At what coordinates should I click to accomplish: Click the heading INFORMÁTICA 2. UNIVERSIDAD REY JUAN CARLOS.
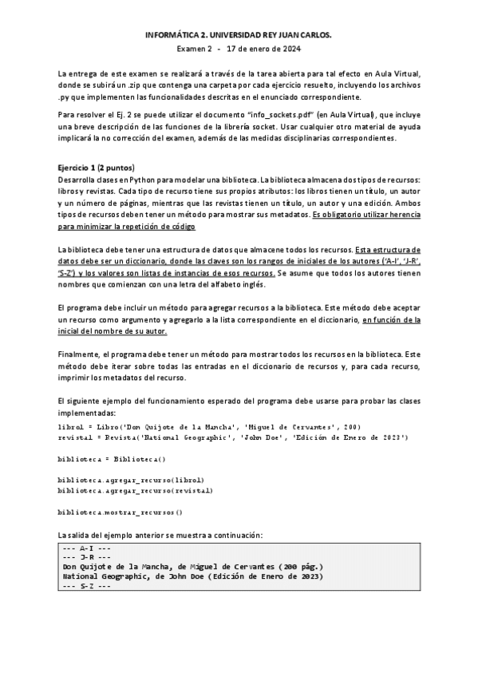[x=239, y=36]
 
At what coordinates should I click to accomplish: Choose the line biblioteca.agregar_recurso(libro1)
[x=131, y=480]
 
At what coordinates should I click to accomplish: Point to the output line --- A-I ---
[x=85, y=548]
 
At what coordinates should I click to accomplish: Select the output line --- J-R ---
[x=85, y=557]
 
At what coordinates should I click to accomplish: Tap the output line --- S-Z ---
[x=85, y=586]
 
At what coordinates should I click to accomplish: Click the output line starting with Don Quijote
[x=192, y=567]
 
